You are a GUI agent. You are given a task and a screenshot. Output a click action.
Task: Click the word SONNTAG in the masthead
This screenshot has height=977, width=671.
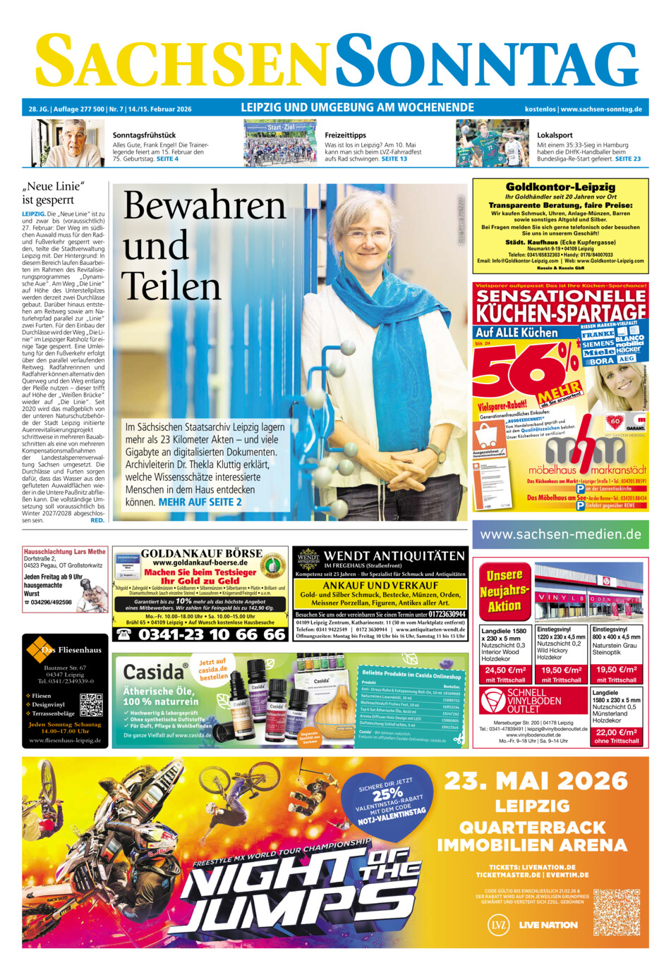(x=486, y=63)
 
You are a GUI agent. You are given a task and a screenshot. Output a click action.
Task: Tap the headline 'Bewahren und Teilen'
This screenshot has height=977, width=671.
(x=204, y=246)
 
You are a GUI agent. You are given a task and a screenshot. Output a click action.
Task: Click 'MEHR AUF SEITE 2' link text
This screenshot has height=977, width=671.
(x=200, y=502)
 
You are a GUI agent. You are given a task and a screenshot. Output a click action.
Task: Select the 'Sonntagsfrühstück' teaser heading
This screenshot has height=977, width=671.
(x=144, y=135)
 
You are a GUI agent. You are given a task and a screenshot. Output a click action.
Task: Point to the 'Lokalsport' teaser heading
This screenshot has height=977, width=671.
(x=555, y=135)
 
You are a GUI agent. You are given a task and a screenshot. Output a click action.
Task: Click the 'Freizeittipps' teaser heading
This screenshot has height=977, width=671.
(x=345, y=135)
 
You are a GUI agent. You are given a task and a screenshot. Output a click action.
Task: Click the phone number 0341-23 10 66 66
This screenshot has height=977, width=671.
(x=211, y=634)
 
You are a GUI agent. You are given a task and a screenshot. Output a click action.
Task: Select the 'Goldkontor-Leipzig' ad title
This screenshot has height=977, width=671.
(x=560, y=188)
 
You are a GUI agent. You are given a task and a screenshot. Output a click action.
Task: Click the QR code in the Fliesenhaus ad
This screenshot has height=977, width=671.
(x=91, y=706)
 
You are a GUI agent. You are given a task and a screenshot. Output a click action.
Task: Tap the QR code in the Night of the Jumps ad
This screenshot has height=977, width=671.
(x=616, y=912)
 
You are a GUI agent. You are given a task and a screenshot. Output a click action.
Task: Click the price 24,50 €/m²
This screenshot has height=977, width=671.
(x=505, y=670)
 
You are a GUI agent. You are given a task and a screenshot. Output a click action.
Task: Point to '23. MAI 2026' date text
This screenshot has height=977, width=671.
(x=536, y=780)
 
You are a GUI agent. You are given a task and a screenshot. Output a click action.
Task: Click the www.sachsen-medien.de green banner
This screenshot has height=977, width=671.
(x=560, y=534)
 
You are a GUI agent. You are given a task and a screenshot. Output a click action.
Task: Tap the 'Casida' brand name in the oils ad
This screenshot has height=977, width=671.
(x=153, y=672)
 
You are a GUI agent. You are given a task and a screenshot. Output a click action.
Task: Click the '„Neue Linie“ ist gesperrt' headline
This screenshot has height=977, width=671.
(x=53, y=192)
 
